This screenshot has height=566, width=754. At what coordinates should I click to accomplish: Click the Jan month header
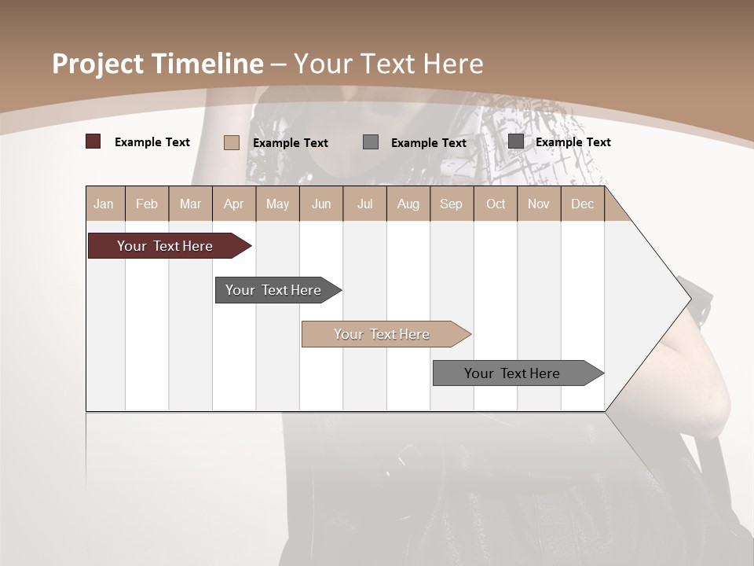[104, 204]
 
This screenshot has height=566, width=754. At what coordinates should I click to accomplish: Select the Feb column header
[147, 204]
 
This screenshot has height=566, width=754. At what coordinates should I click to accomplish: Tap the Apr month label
[233, 204]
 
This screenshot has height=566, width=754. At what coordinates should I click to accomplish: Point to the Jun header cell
[321, 204]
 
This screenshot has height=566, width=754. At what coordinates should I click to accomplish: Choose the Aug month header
[408, 204]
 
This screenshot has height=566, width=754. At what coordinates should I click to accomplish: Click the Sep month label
[451, 204]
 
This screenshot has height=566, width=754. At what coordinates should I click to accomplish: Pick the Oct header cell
[496, 204]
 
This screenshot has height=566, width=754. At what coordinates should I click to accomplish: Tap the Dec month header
[583, 204]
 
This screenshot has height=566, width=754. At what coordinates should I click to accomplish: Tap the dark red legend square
[93, 141]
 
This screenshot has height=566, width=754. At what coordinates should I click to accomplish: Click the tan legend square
[231, 142]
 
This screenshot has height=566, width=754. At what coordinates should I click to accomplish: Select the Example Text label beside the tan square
[291, 143]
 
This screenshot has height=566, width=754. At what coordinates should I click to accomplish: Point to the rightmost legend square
[516, 141]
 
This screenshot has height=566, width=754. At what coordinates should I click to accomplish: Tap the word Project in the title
[97, 64]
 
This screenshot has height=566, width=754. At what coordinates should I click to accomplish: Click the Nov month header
[539, 204]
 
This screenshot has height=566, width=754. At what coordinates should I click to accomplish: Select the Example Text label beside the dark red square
[152, 142]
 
